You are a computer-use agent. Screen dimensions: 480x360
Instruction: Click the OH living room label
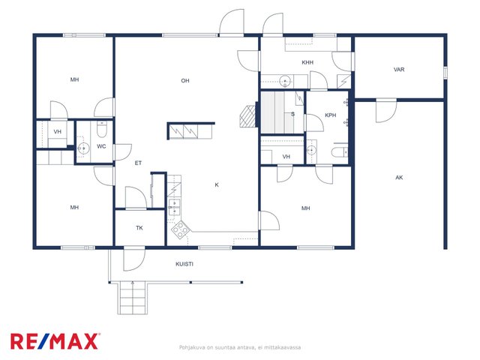click(185, 81)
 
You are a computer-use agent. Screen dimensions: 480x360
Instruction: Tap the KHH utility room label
click(307, 62)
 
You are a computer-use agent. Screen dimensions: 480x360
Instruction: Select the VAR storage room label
click(399, 70)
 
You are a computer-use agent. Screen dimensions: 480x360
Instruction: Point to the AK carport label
click(399, 178)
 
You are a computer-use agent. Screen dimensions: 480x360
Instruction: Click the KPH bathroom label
click(330, 115)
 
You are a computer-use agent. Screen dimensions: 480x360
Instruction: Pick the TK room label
click(139, 228)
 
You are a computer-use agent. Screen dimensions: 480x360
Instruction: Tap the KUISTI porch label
click(184, 264)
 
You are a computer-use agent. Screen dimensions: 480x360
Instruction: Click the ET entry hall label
click(138, 163)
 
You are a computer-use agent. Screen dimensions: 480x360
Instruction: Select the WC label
click(101, 146)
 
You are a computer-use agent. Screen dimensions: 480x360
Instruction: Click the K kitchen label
click(217, 185)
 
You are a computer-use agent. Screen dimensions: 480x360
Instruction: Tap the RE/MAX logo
click(55, 341)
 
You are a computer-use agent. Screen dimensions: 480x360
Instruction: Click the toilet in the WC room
click(101, 130)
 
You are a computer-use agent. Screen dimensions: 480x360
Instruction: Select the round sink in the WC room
click(82, 148)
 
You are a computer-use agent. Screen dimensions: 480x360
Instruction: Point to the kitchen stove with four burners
click(180, 229)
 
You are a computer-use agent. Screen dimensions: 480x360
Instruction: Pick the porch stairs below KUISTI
click(133, 298)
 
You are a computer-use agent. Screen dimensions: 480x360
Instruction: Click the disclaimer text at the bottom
click(240, 347)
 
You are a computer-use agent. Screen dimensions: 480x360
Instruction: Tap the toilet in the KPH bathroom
click(340, 151)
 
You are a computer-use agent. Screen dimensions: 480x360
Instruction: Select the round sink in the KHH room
click(285, 80)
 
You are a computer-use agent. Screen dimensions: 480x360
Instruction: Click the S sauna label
click(292, 114)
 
